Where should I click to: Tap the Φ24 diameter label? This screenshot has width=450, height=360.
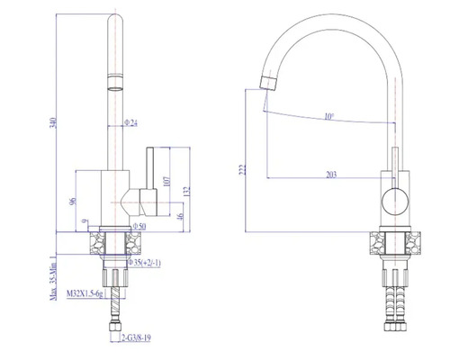[x=131, y=122]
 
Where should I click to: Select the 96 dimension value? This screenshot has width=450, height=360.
[x=72, y=202]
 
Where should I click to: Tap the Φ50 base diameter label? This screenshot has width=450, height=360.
[x=139, y=227]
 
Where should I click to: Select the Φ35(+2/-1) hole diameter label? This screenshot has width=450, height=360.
[x=143, y=263]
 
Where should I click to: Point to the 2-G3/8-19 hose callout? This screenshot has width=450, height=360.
[x=140, y=337]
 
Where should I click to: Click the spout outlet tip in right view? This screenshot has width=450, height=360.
[x=266, y=84]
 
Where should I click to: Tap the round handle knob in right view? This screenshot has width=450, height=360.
[x=393, y=202]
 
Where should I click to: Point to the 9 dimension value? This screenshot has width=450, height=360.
[x=83, y=220]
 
